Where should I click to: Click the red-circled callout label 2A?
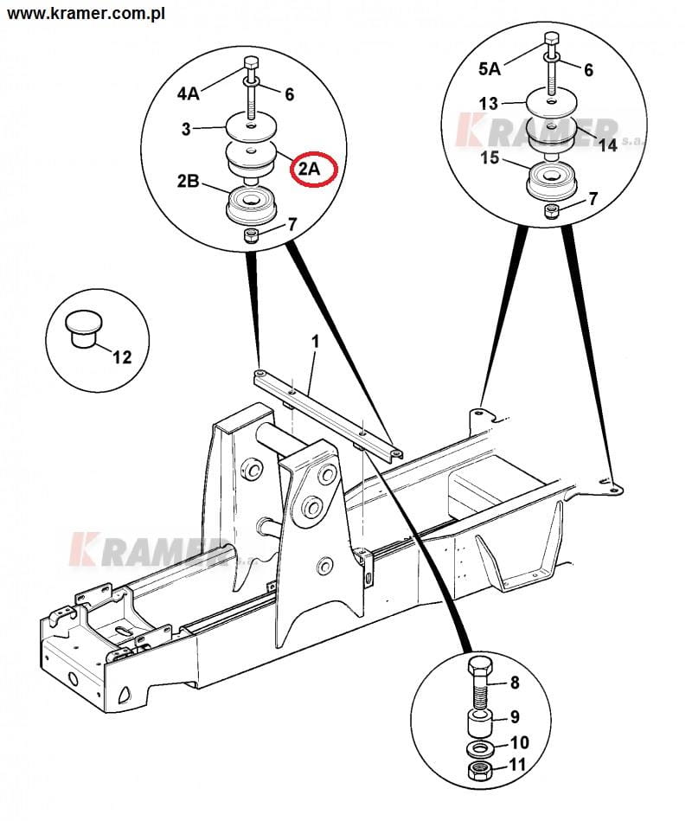click(x=309, y=169)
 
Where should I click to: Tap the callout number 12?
click(x=122, y=357)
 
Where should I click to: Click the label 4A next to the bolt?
click(x=189, y=93)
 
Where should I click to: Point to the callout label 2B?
click(x=188, y=181)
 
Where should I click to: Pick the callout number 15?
click(x=490, y=157)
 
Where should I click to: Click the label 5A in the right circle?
click(x=490, y=68)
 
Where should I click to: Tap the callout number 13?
click(x=489, y=103)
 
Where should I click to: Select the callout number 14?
click(x=608, y=144)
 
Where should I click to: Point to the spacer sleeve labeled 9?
click(x=479, y=723)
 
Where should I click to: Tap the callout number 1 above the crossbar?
click(x=315, y=342)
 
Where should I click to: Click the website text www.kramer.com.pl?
click(x=86, y=13)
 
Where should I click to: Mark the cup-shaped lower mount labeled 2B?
click(x=251, y=205)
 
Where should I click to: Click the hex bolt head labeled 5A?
click(x=552, y=40)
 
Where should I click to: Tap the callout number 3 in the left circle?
click(x=186, y=129)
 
